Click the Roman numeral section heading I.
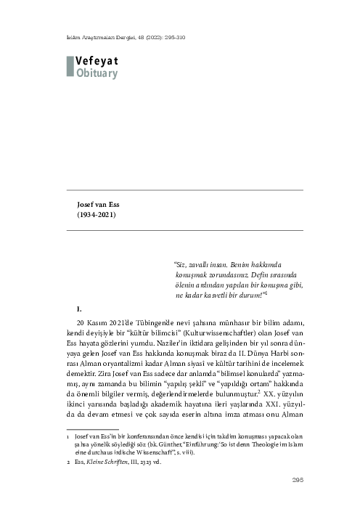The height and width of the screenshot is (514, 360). coord(68,309)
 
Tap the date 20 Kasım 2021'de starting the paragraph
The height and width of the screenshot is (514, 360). coord(109,322)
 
